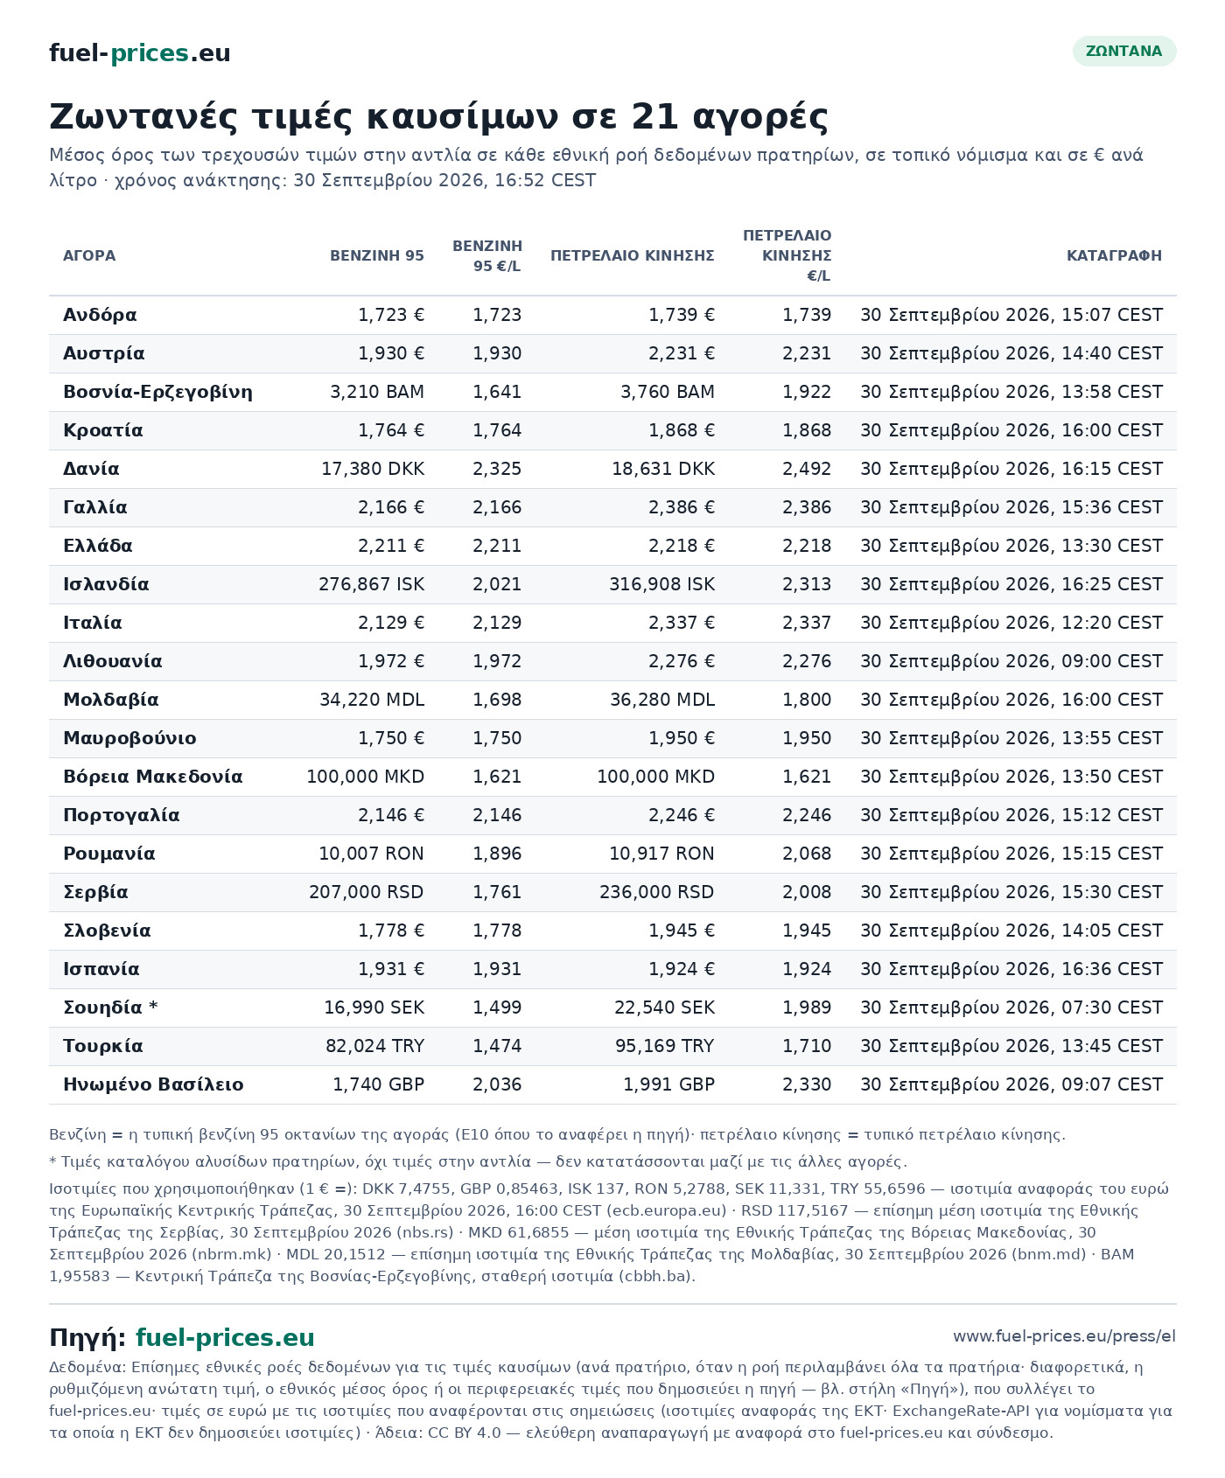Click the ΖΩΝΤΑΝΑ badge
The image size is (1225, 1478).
1124,51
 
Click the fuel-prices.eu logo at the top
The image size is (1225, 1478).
140,53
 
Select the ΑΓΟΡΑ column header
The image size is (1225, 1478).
89,255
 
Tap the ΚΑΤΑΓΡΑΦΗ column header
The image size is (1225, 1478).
1115,255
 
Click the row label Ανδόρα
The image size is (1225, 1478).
100,315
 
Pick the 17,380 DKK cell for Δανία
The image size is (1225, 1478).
373,469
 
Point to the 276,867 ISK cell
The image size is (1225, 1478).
372,584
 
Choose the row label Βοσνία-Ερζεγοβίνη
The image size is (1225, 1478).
157,392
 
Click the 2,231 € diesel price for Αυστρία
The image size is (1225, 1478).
682,353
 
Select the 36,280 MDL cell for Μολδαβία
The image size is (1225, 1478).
663,700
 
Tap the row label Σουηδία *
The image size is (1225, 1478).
110,1007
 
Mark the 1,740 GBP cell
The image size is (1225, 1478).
379,1084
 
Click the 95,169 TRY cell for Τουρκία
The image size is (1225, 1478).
663,1046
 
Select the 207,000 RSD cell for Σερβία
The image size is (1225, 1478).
367,892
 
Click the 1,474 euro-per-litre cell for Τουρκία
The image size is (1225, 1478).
497,1046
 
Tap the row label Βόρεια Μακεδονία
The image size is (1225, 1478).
153,777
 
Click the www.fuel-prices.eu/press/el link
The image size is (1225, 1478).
1065,1336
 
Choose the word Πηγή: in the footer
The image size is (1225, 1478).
87,1338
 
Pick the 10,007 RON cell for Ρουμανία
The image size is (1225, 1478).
372,854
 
